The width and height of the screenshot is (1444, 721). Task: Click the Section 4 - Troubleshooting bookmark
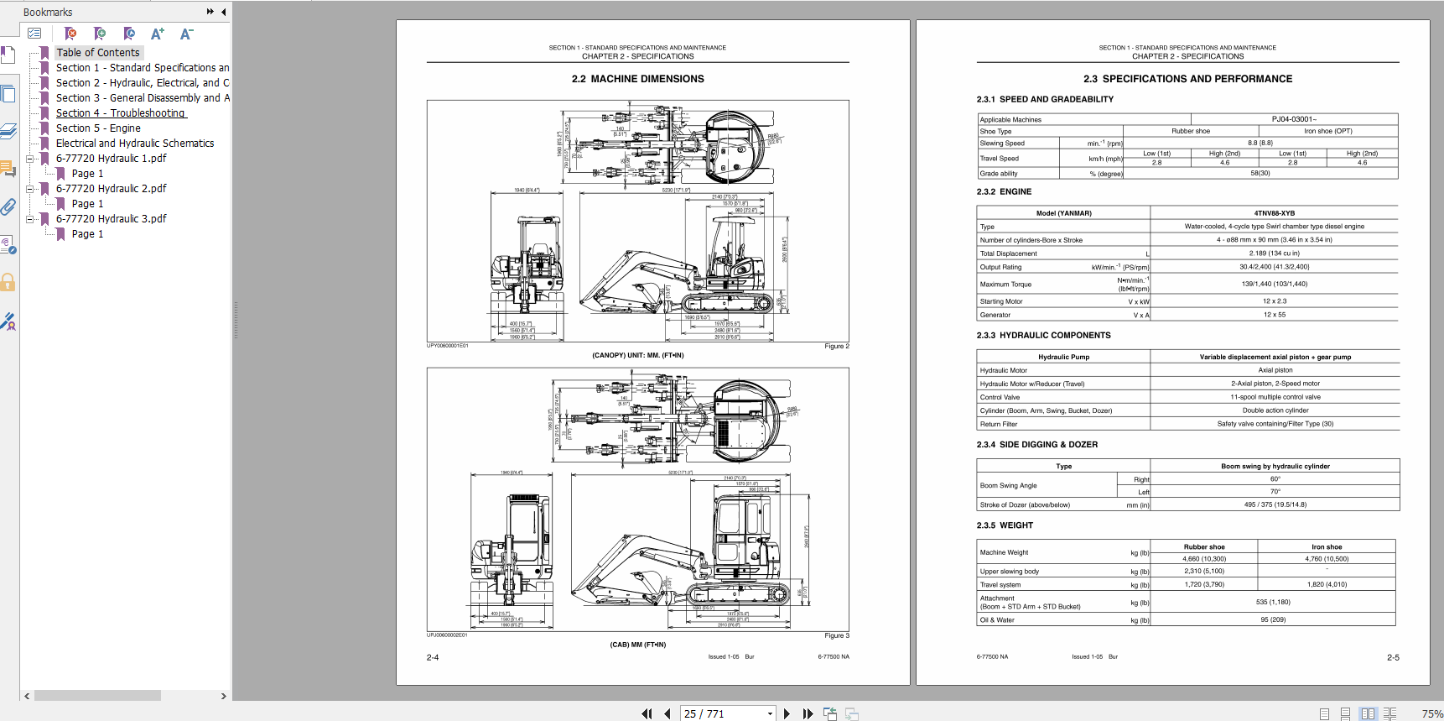click(x=120, y=113)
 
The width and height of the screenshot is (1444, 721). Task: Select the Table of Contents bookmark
click(x=98, y=53)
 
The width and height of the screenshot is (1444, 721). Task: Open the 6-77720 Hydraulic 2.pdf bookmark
click(x=111, y=189)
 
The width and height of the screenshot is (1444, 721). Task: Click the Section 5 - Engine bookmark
click(x=98, y=128)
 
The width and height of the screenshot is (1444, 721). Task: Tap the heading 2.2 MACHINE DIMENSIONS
click(x=637, y=79)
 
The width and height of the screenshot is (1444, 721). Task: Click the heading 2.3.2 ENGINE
click(x=1004, y=191)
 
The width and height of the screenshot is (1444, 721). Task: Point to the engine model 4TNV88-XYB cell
click(x=1274, y=213)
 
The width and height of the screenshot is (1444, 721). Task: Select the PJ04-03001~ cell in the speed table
click(x=1294, y=119)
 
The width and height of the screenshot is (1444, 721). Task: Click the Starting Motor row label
click(x=1001, y=301)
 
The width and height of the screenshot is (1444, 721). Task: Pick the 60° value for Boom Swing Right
click(x=1275, y=479)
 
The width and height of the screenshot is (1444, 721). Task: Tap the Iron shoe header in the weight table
click(x=1327, y=547)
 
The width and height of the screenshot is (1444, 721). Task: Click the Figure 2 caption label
click(x=836, y=346)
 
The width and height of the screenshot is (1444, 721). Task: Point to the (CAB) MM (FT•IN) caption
click(x=637, y=645)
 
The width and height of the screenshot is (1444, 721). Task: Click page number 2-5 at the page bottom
click(x=1392, y=658)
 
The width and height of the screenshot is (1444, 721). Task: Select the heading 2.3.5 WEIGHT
click(x=1005, y=525)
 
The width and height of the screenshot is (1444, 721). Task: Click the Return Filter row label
click(x=998, y=424)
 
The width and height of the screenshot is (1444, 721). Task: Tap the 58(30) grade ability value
click(x=1260, y=174)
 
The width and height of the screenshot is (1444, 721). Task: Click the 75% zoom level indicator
click(x=1431, y=713)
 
